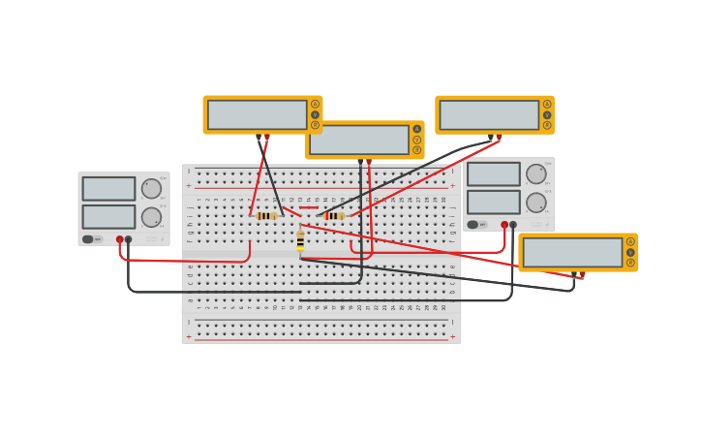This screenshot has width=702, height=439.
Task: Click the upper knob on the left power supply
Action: [151, 188]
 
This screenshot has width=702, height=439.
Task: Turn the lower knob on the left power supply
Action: [151, 217]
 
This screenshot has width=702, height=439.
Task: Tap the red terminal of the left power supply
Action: [120, 239]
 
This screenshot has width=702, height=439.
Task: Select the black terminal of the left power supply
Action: [129, 239]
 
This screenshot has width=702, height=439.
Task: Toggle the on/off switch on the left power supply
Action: [88, 239]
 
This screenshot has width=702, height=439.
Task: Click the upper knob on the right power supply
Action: [535, 173]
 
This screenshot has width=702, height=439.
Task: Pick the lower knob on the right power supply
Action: [535, 203]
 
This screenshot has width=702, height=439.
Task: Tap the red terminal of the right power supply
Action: [504, 225]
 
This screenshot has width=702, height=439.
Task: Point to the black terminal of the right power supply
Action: [513, 225]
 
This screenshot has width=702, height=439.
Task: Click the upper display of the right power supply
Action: [493, 174]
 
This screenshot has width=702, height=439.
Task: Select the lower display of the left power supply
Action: [108, 217]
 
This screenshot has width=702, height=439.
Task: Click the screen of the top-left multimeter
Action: [257, 114]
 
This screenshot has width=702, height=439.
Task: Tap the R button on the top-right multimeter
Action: [547, 125]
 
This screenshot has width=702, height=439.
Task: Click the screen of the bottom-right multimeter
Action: [572, 252]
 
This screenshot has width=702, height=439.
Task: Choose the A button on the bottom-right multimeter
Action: [630, 241]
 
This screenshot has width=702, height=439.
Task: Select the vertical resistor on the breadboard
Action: [300, 240]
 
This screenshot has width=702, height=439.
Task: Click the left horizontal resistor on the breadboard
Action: [266, 216]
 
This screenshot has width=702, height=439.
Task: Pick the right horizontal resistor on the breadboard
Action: [334, 216]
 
